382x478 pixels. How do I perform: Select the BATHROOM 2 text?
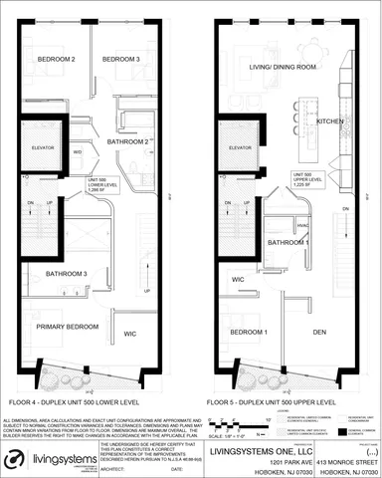point(128,142)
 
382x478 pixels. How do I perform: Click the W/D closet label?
point(78,151)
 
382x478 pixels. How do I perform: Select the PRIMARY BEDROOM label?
point(64,325)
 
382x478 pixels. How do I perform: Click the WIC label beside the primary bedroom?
point(129,334)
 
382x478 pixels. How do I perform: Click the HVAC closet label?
point(275,224)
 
